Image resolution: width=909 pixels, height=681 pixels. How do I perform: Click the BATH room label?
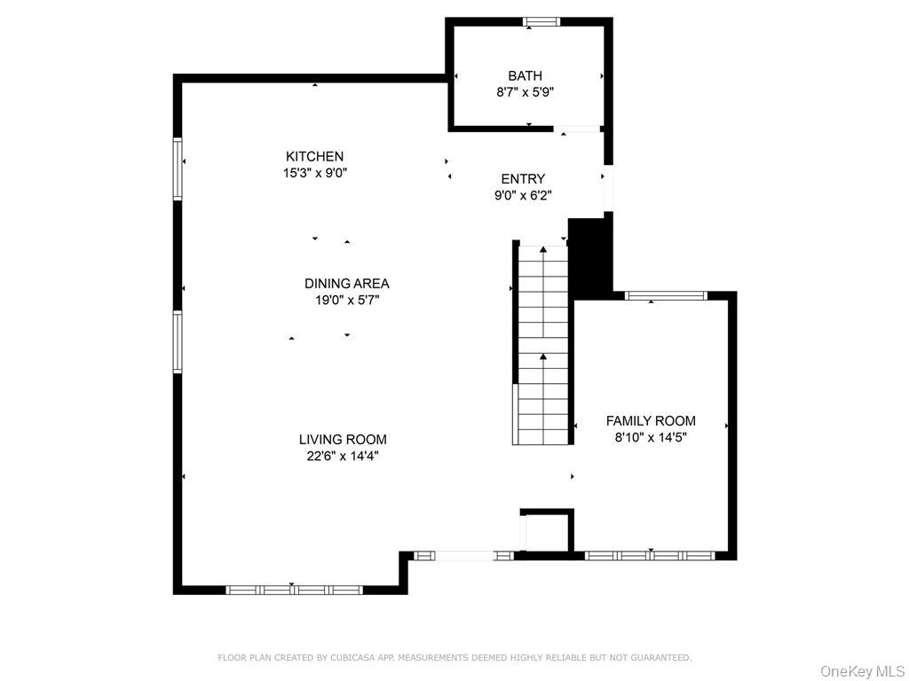(525, 76)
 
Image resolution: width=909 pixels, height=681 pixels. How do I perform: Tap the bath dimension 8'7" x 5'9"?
(525, 92)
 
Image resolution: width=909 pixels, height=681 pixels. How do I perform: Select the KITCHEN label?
(314, 157)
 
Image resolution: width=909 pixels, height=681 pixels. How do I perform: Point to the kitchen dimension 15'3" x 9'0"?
(314, 174)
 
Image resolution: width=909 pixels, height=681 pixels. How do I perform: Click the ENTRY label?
(523, 179)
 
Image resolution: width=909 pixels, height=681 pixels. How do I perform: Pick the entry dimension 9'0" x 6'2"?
(523, 196)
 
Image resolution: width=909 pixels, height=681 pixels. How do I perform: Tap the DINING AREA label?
(346, 284)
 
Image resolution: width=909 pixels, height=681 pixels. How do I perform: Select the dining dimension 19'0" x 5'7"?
(346, 301)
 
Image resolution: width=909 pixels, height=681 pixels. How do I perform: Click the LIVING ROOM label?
(342, 440)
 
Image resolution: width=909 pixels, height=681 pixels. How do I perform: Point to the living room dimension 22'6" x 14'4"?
(342, 457)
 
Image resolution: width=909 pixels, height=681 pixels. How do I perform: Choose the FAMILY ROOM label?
(651, 421)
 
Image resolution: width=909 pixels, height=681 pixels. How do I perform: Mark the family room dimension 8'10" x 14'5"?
(651, 437)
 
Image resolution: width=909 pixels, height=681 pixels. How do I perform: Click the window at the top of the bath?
(541, 22)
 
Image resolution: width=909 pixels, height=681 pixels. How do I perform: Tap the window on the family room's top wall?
(666, 295)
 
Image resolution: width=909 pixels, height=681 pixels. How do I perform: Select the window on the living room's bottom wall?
(294, 590)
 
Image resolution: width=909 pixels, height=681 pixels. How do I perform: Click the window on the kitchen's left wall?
(178, 168)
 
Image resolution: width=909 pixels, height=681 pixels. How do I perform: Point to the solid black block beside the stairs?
(589, 257)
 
